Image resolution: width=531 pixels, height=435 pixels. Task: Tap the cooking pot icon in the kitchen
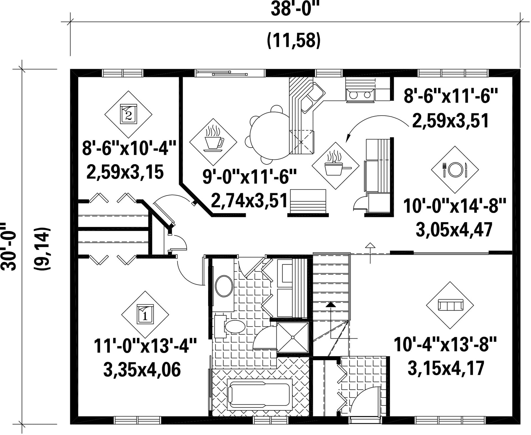[336, 166]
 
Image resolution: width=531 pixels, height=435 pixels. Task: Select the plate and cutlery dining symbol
[455, 170]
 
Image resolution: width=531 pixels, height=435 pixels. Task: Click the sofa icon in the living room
[450, 305]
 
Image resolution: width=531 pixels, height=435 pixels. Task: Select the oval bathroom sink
[224, 286]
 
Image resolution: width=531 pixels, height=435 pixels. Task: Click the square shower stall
[293, 337]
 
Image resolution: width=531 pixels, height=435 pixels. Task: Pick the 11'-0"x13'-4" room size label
[145, 346]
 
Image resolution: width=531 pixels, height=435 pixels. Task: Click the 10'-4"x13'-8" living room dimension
[446, 345]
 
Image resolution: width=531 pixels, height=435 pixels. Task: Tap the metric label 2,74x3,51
[250, 200]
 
